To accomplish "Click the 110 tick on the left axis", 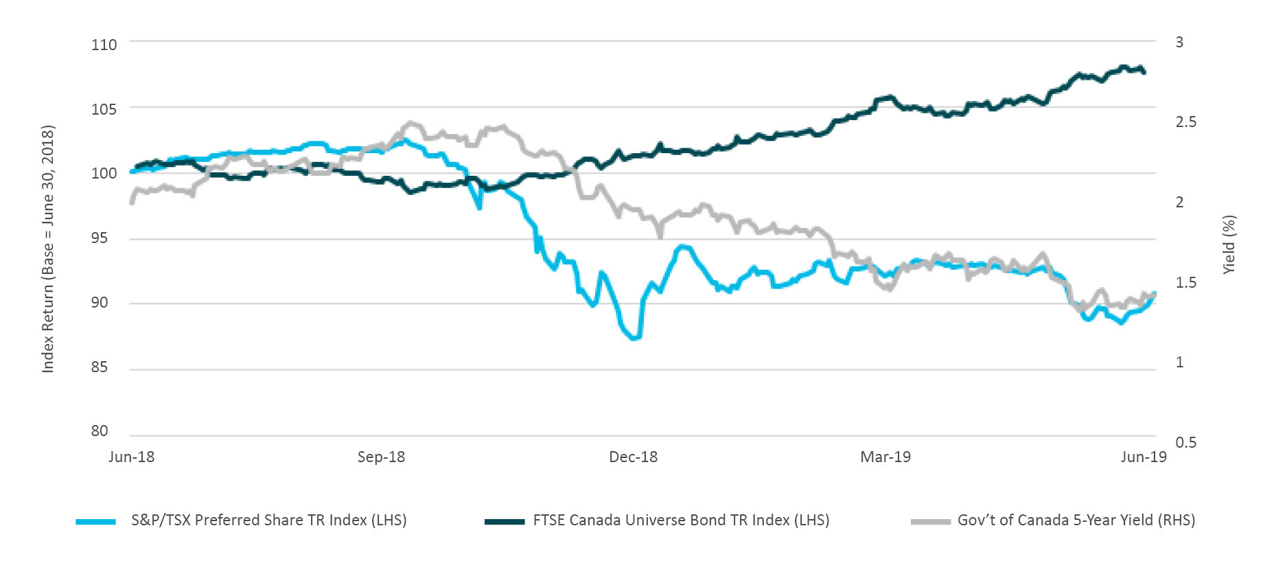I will (104, 45).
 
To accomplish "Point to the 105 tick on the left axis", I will (104, 108).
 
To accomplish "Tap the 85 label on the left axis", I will (100, 367).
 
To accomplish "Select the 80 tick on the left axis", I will (100, 431).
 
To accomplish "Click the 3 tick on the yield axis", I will (1179, 42).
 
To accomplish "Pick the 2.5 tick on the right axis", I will (1185, 122).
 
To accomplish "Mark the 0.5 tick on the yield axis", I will (1185, 442).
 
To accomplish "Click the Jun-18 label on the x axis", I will (131, 457).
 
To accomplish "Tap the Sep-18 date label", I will (381, 457).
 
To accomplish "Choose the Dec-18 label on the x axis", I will (633, 457).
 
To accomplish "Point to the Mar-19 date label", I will (885, 457).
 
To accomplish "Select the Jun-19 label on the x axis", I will (1144, 457).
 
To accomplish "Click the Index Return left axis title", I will (47, 249).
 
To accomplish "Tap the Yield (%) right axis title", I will (1229, 244).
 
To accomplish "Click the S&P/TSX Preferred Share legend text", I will (268, 520).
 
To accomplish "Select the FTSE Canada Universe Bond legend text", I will (681, 520).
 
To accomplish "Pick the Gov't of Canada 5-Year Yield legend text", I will (1076, 520).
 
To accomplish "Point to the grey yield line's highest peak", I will (411, 124).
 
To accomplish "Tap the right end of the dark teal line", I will (1144, 71).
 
